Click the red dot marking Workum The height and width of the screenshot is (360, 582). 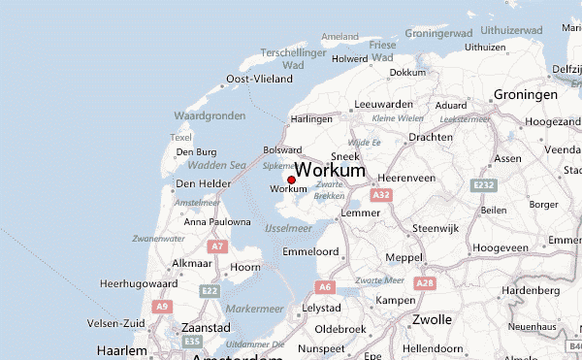click(291, 180)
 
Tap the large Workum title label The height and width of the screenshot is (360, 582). click(330, 170)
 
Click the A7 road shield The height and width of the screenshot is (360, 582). click(217, 247)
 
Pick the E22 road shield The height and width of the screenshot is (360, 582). click(210, 290)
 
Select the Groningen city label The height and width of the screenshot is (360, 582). click(525, 95)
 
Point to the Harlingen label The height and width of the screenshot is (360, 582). click(311, 118)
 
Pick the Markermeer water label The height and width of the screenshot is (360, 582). click(254, 308)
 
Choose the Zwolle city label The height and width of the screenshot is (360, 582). click(432, 319)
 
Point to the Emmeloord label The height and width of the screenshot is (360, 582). click(309, 251)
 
